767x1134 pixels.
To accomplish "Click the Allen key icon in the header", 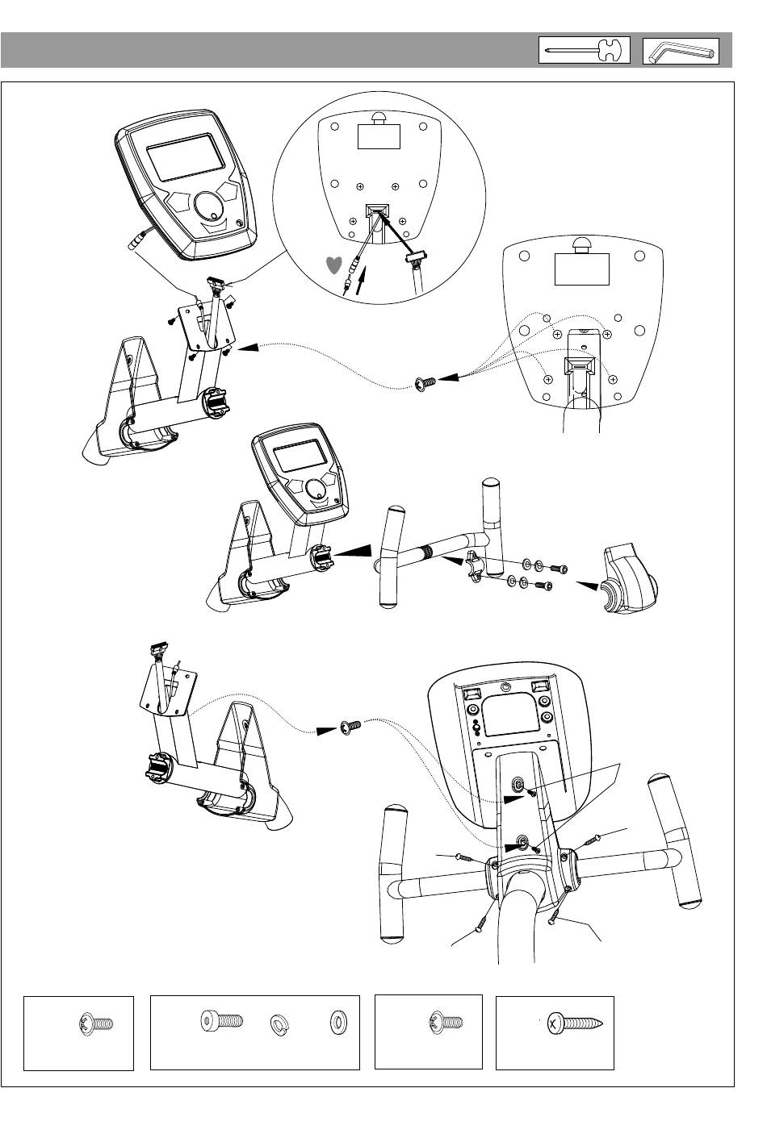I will [680, 52].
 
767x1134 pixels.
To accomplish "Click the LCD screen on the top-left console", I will [185, 158].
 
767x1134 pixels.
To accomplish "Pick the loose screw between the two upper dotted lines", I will [425, 383].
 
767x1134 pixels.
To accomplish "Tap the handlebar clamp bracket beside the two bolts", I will [475, 567].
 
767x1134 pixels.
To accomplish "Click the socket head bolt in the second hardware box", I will [220, 1023].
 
